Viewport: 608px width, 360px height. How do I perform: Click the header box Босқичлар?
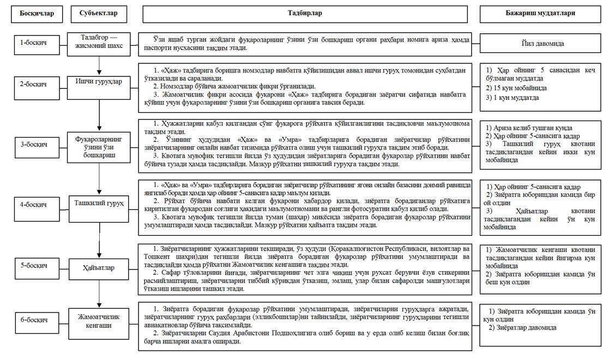[x=37, y=14]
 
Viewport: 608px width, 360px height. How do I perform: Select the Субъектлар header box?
[x=98, y=14]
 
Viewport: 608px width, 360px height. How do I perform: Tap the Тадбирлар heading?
[x=304, y=14]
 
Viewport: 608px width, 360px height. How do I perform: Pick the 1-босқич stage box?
[x=37, y=43]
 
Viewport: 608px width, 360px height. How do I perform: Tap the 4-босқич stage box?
[x=37, y=205]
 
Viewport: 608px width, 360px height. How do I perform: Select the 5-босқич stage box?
[x=37, y=266]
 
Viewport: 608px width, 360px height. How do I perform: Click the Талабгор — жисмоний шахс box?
[x=99, y=43]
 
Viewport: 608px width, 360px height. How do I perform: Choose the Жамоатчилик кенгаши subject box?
[x=99, y=321]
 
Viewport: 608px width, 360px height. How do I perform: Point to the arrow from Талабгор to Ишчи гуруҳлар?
[x=99, y=65]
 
